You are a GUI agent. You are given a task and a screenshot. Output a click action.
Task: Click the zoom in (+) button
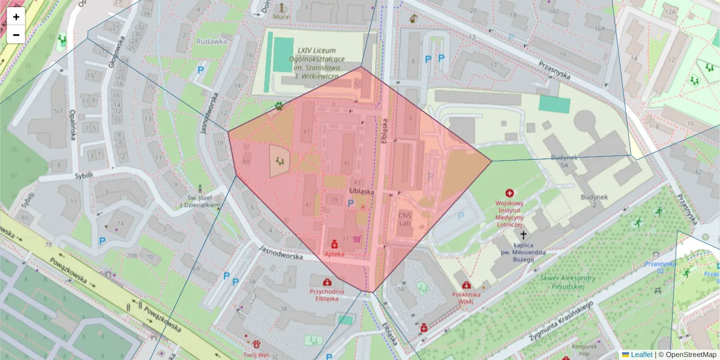16,17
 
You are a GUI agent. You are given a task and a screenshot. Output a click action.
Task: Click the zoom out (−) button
16,35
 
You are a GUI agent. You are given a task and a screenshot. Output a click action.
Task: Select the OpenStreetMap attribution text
691,355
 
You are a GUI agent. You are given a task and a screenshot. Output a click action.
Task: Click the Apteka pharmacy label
334,254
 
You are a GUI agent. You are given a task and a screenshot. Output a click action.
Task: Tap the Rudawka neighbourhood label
211,41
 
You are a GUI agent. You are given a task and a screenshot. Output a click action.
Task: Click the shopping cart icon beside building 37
358,239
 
